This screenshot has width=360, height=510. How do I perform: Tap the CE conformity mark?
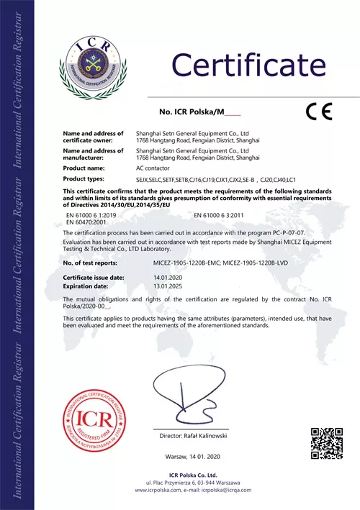[318, 111]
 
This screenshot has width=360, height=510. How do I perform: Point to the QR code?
[326, 442]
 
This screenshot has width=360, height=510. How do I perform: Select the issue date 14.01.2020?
[168, 277]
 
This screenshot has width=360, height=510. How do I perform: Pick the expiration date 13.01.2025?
[168, 285]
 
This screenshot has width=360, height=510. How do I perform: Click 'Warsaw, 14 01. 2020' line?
[192, 457]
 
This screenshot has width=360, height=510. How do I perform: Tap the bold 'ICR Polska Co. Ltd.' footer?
[192, 475]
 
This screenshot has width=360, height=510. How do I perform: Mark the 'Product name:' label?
[85, 168]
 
